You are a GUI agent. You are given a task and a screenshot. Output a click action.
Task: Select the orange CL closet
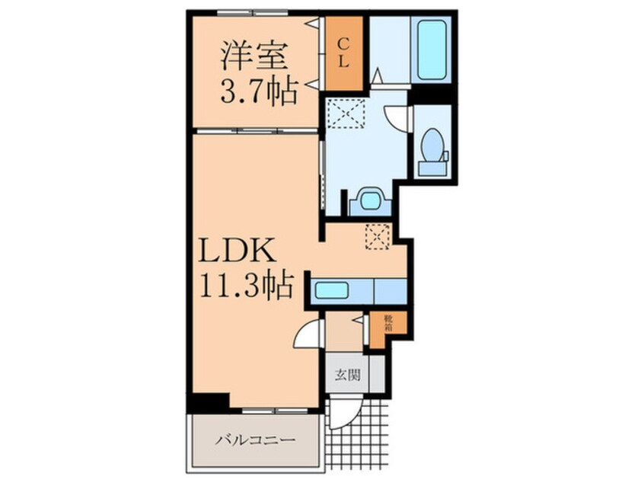click(x=343, y=51)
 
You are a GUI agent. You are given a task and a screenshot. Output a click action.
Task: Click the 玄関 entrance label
click(x=346, y=375)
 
